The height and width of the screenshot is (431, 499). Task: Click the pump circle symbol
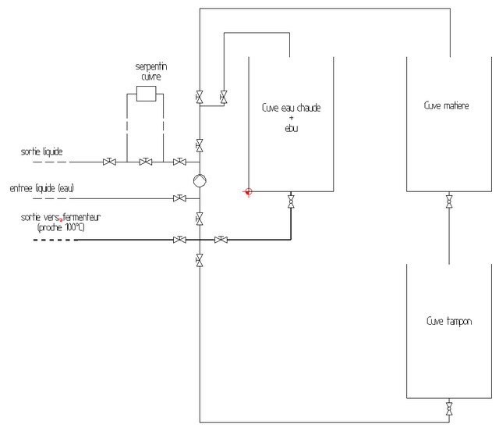pyautogui.click(x=200, y=180)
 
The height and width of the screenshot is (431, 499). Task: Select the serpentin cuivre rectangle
pyautogui.click(x=146, y=94)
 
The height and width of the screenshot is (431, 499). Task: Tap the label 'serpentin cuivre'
pyautogui.click(x=151, y=71)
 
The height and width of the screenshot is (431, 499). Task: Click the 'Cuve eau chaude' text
pyautogui.click(x=291, y=108)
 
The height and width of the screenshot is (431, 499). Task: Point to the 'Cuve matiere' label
pyautogui.click(x=446, y=105)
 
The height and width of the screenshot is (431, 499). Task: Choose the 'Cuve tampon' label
pyautogui.click(x=449, y=321)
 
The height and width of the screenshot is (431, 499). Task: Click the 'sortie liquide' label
pyautogui.click(x=41, y=151)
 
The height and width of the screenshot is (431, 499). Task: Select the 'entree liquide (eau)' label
pyautogui.click(x=41, y=188)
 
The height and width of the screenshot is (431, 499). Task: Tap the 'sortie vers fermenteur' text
pyautogui.click(x=61, y=217)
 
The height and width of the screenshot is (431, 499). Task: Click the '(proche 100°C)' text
pyautogui.click(x=61, y=228)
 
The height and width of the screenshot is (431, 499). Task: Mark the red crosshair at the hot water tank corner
pyautogui.click(x=248, y=191)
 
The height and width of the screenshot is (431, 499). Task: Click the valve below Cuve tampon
pyautogui.click(x=449, y=408)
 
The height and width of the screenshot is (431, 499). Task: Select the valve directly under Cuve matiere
pyautogui.click(x=449, y=201)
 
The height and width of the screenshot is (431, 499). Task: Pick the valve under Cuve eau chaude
pyautogui.click(x=291, y=201)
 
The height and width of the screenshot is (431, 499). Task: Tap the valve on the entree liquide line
pyautogui.click(x=179, y=198)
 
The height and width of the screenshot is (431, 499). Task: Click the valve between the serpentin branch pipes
pyautogui.click(x=146, y=162)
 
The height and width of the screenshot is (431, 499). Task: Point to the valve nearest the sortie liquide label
pyautogui.click(x=109, y=162)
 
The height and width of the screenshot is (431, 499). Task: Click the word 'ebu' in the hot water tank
pyautogui.click(x=291, y=128)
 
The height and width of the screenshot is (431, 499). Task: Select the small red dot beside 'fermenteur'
pyautogui.click(x=61, y=220)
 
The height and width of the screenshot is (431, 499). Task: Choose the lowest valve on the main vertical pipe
pyautogui.click(x=200, y=260)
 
